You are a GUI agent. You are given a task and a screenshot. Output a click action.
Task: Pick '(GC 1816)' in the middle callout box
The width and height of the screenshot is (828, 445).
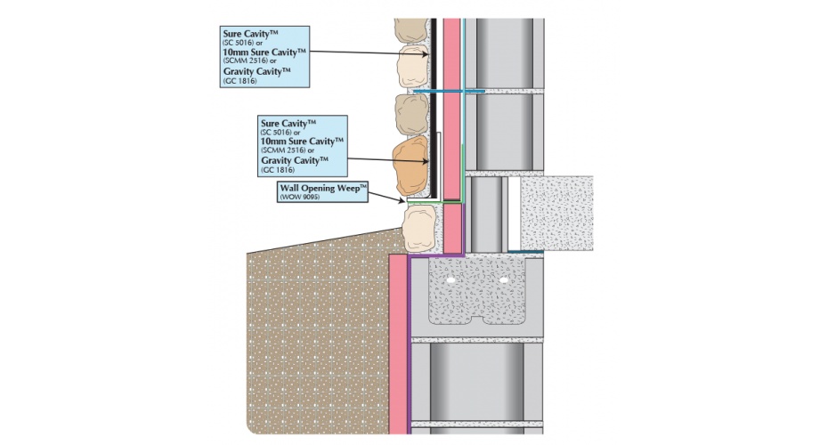click(x=277, y=168)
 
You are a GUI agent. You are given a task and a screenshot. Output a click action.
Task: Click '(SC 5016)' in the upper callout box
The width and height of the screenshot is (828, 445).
click(x=243, y=42)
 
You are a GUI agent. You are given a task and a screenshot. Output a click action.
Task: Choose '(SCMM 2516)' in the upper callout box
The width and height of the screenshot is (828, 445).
click(x=246, y=61)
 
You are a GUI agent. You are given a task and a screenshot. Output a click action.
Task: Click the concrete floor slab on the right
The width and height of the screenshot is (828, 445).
click(x=557, y=213)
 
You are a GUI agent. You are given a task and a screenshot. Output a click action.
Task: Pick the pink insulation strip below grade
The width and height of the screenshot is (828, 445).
click(x=397, y=347)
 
